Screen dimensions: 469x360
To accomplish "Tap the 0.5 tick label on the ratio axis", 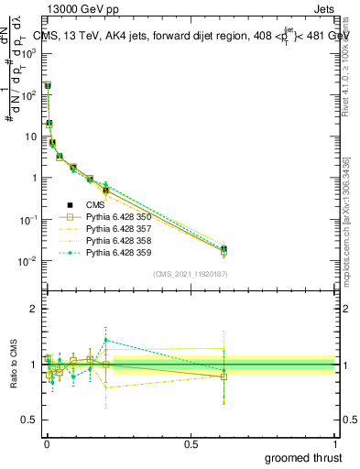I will [30, 420].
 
